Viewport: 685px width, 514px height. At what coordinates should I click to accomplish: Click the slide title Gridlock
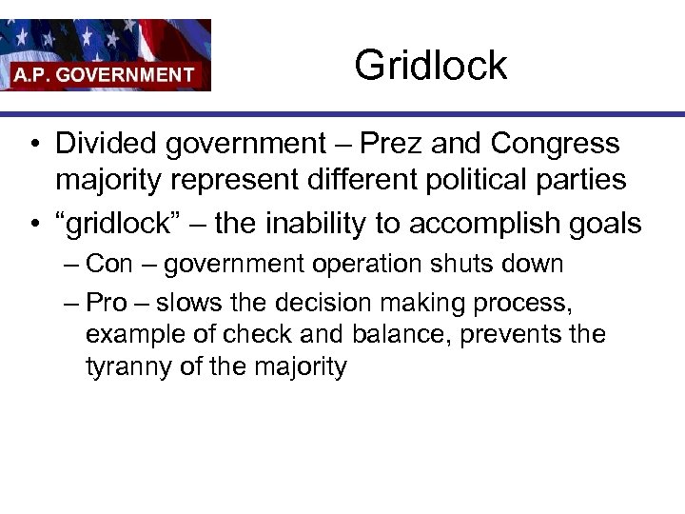coord(430,66)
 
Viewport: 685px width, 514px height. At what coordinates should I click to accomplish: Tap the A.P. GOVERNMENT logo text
coord(104,74)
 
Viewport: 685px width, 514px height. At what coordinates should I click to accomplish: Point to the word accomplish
coord(493,224)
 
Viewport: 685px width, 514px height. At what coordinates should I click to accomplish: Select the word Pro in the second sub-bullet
coord(108,303)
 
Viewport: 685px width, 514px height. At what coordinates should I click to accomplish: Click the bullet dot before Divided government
coord(33,145)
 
